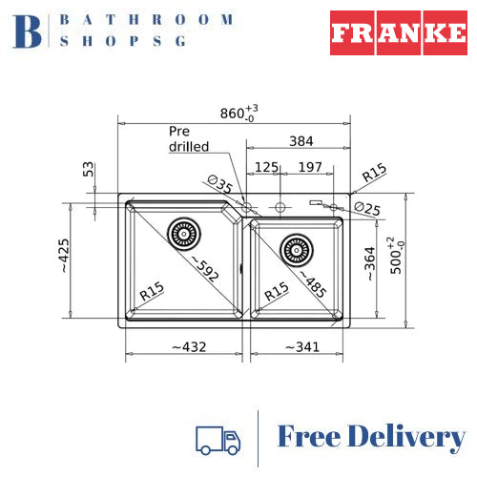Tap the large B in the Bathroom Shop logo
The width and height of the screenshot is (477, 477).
tap(30, 31)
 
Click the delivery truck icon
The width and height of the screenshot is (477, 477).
tap(218, 439)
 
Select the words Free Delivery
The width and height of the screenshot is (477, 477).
tap(370, 438)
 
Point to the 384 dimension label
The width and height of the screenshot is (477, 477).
tap(301, 141)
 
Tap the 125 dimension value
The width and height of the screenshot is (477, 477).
tap(266, 167)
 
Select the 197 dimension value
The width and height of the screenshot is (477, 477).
tap(308, 167)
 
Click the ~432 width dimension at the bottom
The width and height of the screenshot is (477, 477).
tap(188, 346)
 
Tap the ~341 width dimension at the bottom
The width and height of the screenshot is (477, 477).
tap(303, 346)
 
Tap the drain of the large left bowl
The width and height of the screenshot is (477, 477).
tap(181, 232)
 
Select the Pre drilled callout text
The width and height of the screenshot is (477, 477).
tap(187, 139)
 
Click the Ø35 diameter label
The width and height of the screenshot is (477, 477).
tap(220, 184)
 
